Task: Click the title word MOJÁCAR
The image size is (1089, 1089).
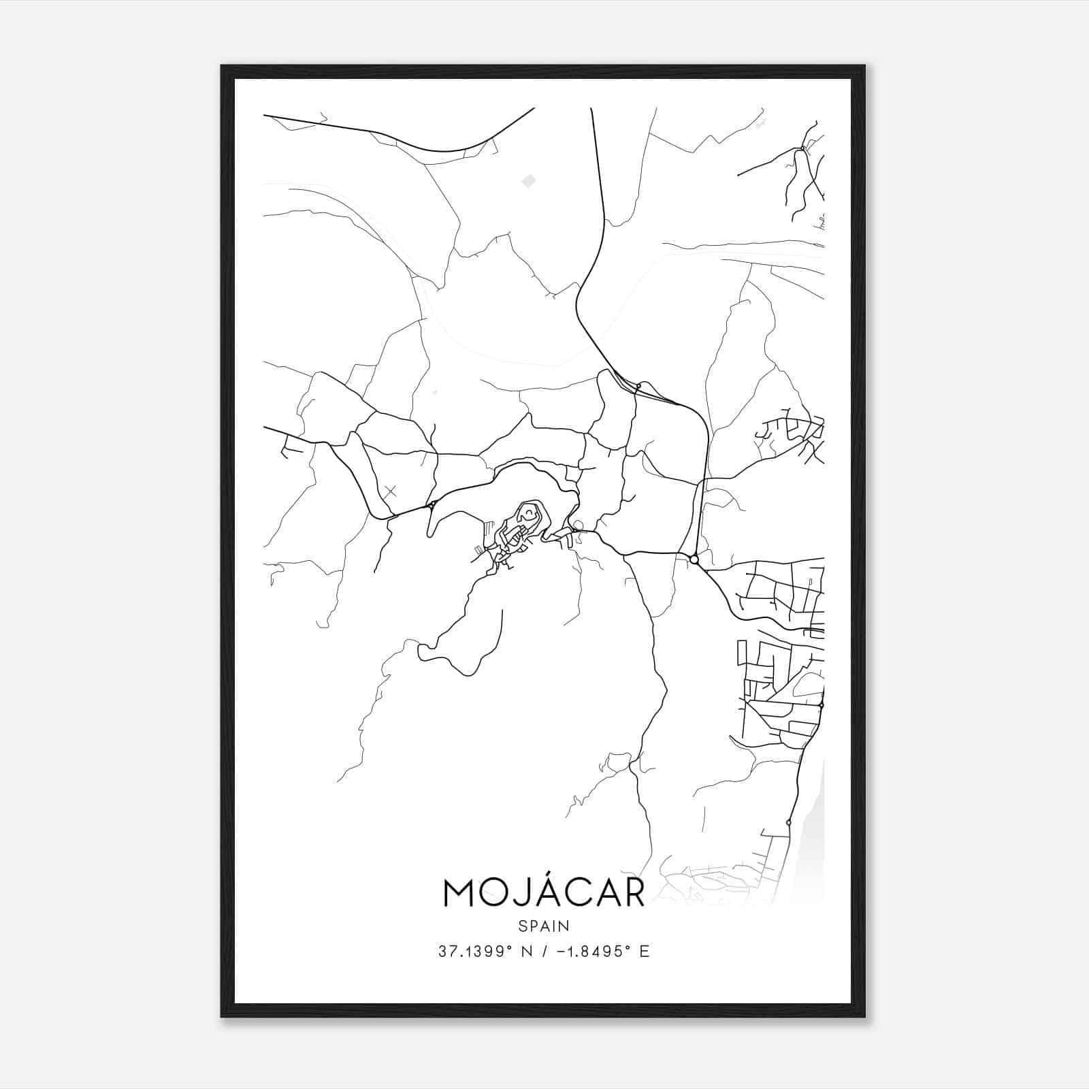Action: (544, 893)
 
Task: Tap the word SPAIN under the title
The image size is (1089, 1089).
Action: (544, 926)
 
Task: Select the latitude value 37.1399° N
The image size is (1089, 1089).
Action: (485, 952)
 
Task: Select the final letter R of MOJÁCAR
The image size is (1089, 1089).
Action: (632, 894)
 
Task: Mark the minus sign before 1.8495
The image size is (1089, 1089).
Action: (560, 952)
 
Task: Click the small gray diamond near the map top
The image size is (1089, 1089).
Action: (528, 180)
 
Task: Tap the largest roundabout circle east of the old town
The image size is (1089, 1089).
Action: (694, 559)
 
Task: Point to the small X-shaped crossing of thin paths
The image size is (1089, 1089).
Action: (390, 491)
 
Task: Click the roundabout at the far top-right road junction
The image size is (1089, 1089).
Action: (803, 148)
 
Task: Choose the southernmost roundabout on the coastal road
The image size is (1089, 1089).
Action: (788, 823)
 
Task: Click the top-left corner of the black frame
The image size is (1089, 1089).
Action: (221, 66)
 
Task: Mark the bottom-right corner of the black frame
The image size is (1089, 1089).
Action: (865, 1017)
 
